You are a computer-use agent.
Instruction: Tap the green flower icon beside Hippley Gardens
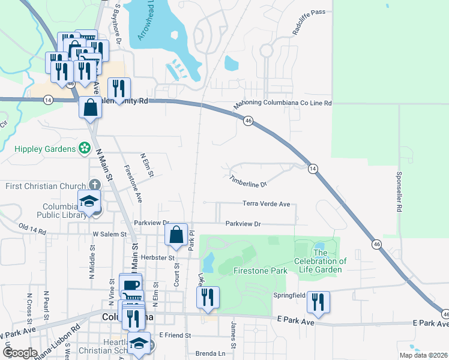coord(85,148)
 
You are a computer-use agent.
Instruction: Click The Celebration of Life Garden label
coord(320,265)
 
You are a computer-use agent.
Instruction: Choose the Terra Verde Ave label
coord(266,204)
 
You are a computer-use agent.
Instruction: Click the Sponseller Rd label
coord(399,192)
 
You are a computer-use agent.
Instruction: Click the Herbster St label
coord(159,257)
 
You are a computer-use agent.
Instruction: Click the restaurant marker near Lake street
coord(208,297)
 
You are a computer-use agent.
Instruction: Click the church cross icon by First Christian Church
coord(94,185)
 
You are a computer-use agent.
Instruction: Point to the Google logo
coord(20,353)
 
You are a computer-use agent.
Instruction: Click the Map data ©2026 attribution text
coord(423,355)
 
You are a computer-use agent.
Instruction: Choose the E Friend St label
coord(175,335)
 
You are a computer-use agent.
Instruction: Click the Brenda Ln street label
coord(209,353)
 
